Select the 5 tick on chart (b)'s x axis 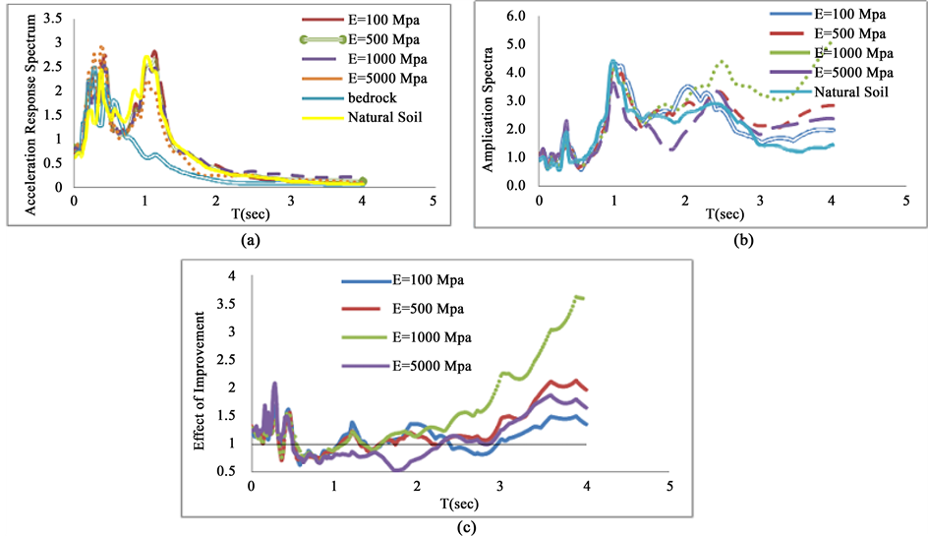point(904,203)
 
